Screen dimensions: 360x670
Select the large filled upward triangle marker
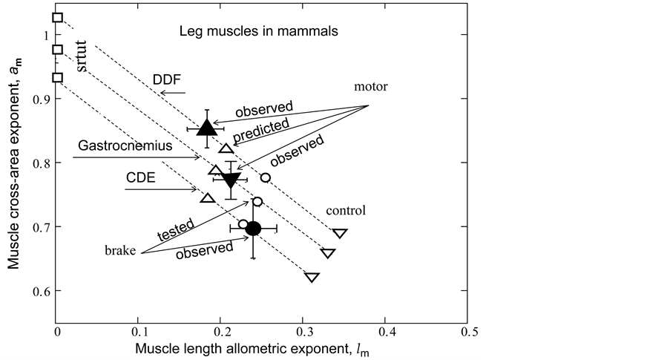click(207, 128)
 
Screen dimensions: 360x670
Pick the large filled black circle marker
click(253, 228)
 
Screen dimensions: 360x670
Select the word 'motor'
click(372, 85)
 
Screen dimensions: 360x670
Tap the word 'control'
click(347, 210)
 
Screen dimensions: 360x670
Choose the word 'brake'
click(121, 251)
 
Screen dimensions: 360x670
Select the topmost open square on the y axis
click(58, 17)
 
